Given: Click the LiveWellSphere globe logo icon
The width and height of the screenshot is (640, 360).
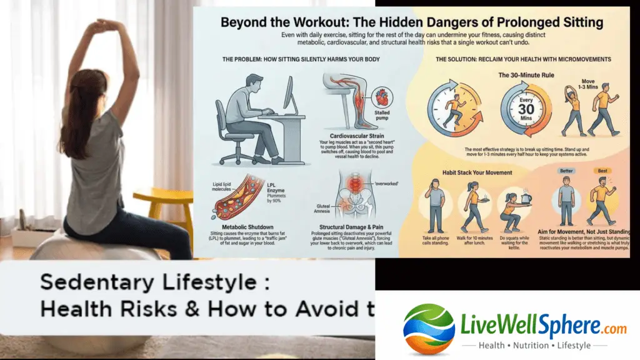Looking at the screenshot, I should pos(419,329).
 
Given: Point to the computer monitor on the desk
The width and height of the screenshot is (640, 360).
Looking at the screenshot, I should pos(291,95).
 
